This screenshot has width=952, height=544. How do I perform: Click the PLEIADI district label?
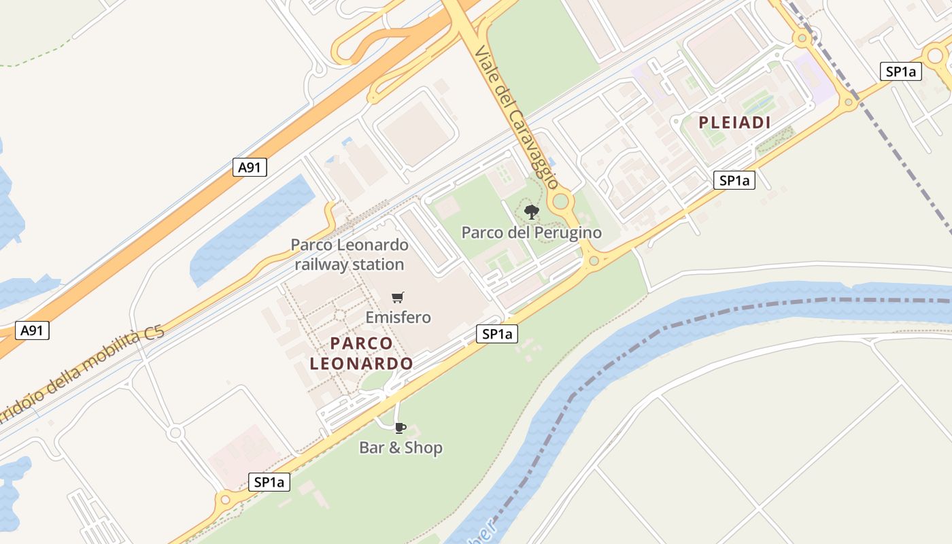tap(735, 123)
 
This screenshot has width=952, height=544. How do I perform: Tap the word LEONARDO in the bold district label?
tap(361, 364)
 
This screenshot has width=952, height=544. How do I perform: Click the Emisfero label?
tap(398, 318)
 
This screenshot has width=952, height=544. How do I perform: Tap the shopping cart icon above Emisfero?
tap(398, 297)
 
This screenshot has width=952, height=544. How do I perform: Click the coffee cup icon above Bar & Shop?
tap(400, 428)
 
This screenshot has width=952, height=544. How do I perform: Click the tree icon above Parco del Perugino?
tap(532, 212)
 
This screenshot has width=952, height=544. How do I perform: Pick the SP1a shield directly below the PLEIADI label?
tap(734, 180)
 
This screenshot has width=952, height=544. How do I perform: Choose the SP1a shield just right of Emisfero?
tap(497, 334)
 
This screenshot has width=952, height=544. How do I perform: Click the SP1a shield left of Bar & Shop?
tap(269, 482)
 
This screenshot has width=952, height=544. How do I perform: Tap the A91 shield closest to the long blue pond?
tap(250, 167)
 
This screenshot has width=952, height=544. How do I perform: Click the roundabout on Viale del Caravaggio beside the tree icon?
tap(561, 201)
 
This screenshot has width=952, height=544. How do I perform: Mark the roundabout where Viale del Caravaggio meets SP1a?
tap(594, 260)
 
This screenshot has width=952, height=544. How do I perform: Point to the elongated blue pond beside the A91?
tap(252, 228)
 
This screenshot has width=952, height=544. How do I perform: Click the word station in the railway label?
tap(378, 265)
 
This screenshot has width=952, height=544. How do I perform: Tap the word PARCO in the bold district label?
tap(361, 343)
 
